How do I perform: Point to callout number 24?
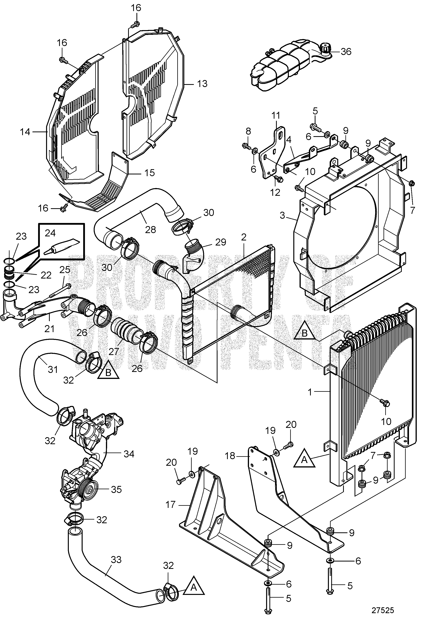[50, 233]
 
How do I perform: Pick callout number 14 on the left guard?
[25, 132]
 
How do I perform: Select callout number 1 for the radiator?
[310, 392]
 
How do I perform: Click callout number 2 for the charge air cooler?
[244, 237]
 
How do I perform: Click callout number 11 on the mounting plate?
[276, 115]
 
